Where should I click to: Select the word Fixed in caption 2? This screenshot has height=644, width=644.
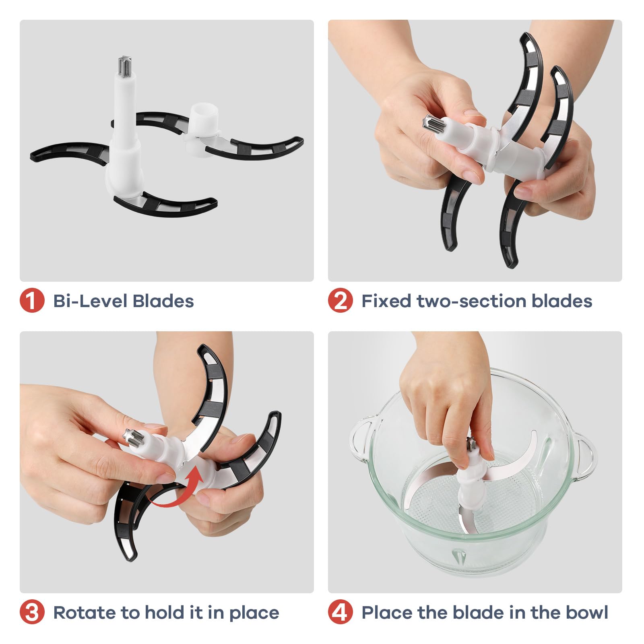pyautogui.click(x=386, y=301)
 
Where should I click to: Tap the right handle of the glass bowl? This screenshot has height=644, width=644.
pyautogui.click(x=584, y=457)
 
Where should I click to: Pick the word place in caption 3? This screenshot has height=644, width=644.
pyautogui.click(x=254, y=613)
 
